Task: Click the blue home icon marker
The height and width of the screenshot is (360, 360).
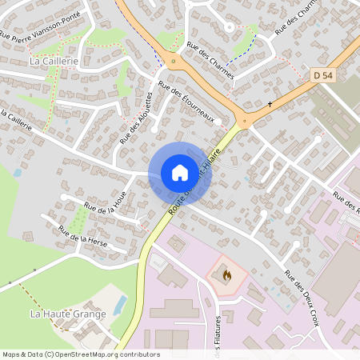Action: (179, 173)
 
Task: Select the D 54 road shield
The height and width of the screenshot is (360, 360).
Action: (322, 74)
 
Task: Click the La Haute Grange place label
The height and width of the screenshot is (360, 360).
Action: (68, 314)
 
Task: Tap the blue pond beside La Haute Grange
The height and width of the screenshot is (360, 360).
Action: (120, 305)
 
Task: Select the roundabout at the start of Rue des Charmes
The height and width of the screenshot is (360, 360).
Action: (173, 62)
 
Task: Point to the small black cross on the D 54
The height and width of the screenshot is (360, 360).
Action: (270, 104)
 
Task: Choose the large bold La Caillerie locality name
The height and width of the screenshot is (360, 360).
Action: (50, 60)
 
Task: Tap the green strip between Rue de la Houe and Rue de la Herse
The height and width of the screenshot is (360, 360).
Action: (79, 219)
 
